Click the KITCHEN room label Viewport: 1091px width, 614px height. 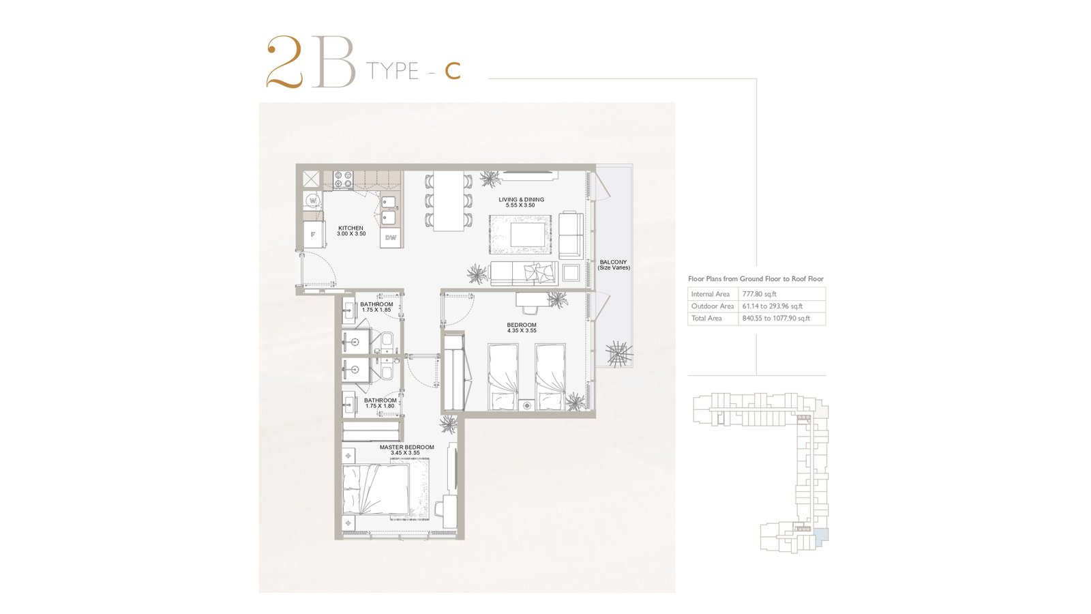pos(350,228)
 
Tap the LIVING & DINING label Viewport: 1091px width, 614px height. pos(521,199)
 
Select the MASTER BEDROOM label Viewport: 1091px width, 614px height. pos(406,448)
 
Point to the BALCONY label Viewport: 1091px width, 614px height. pos(613,262)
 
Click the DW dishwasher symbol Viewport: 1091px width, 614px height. pos(391,238)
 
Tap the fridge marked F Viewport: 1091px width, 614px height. pos(313,235)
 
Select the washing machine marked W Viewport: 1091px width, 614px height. pos(313,201)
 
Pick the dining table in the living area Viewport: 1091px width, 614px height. pos(449,201)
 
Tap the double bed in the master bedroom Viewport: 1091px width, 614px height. pos(376,489)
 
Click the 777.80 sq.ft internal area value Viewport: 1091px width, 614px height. pos(760,294)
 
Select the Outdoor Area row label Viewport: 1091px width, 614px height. pos(712,306)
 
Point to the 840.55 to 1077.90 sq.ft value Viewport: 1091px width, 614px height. pos(776,318)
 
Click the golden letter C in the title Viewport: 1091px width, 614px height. pos(453,71)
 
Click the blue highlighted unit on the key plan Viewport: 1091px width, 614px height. pos(822,535)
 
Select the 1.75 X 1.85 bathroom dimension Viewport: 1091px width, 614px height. pos(376,310)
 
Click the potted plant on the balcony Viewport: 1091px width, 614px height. pos(619,353)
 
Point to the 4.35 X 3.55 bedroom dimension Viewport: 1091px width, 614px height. pos(522,330)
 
